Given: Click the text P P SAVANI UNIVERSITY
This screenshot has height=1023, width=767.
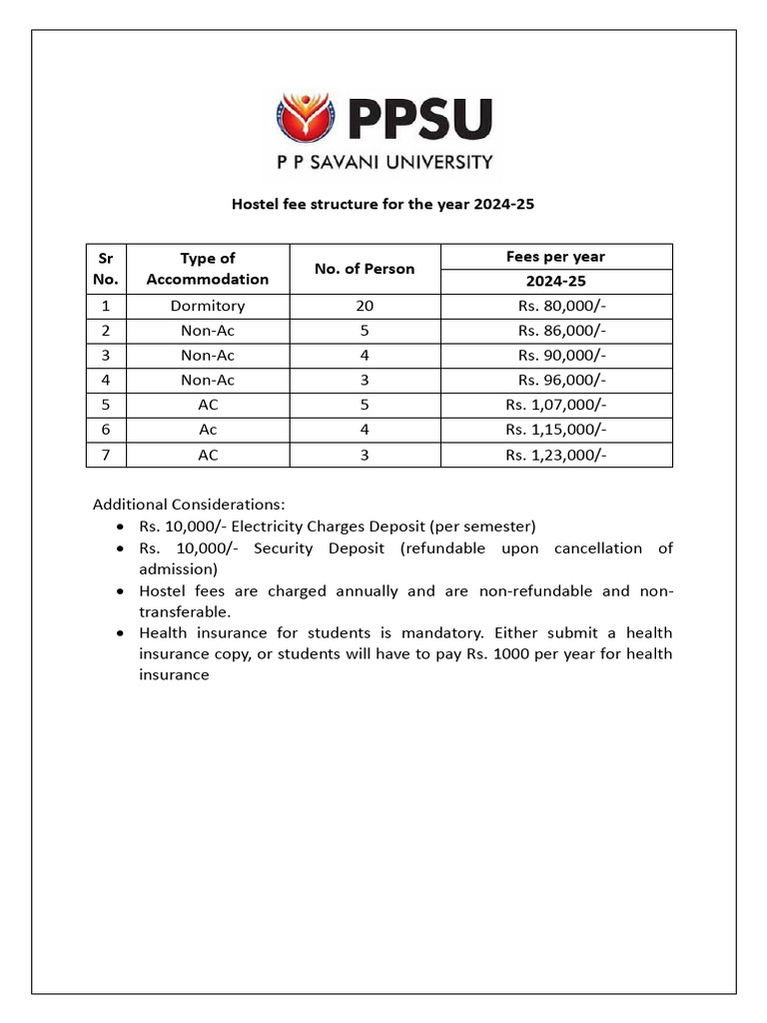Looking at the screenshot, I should point(383,162).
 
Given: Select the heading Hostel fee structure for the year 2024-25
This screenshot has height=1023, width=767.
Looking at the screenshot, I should point(384,204).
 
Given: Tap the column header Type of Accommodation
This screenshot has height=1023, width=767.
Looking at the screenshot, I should point(208,269).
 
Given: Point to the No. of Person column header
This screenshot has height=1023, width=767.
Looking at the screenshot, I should point(365,269).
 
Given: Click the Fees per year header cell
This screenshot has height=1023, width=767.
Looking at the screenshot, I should point(556,257).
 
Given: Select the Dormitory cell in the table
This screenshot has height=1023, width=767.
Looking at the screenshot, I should point(208,306).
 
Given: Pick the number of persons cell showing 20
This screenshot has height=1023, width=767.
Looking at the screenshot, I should point(365,306).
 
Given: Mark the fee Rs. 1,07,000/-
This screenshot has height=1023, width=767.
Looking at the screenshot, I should point(556,405).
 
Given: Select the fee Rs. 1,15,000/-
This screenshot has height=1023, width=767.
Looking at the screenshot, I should point(556,430).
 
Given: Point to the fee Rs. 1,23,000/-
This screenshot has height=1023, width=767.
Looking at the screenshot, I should point(556,455).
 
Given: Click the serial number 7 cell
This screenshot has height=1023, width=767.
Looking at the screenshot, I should point(106,455).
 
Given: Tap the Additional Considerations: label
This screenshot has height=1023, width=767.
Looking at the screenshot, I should point(189,505).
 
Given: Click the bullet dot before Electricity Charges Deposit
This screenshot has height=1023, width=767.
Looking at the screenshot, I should point(121,526).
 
